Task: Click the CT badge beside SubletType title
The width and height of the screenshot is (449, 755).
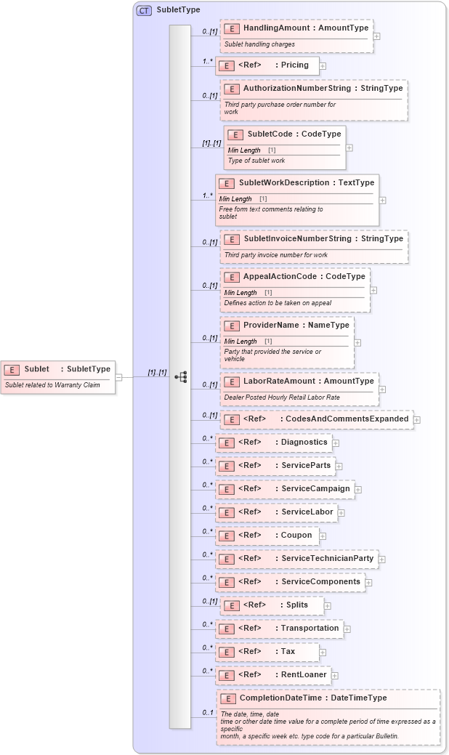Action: click(144, 10)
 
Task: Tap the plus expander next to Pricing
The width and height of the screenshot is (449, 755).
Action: click(323, 65)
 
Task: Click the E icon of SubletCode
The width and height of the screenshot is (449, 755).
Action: click(235, 134)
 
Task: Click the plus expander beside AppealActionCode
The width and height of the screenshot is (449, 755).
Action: click(373, 289)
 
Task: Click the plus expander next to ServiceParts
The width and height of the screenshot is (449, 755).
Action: click(339, 466)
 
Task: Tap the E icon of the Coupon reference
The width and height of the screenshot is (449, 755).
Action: click(227, 536)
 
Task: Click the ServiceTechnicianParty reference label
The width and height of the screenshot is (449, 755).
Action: click(324, 558)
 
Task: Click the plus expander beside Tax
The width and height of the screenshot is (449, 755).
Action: click(323, 653)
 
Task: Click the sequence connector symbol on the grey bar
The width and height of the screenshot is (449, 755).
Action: click(180, 376)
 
